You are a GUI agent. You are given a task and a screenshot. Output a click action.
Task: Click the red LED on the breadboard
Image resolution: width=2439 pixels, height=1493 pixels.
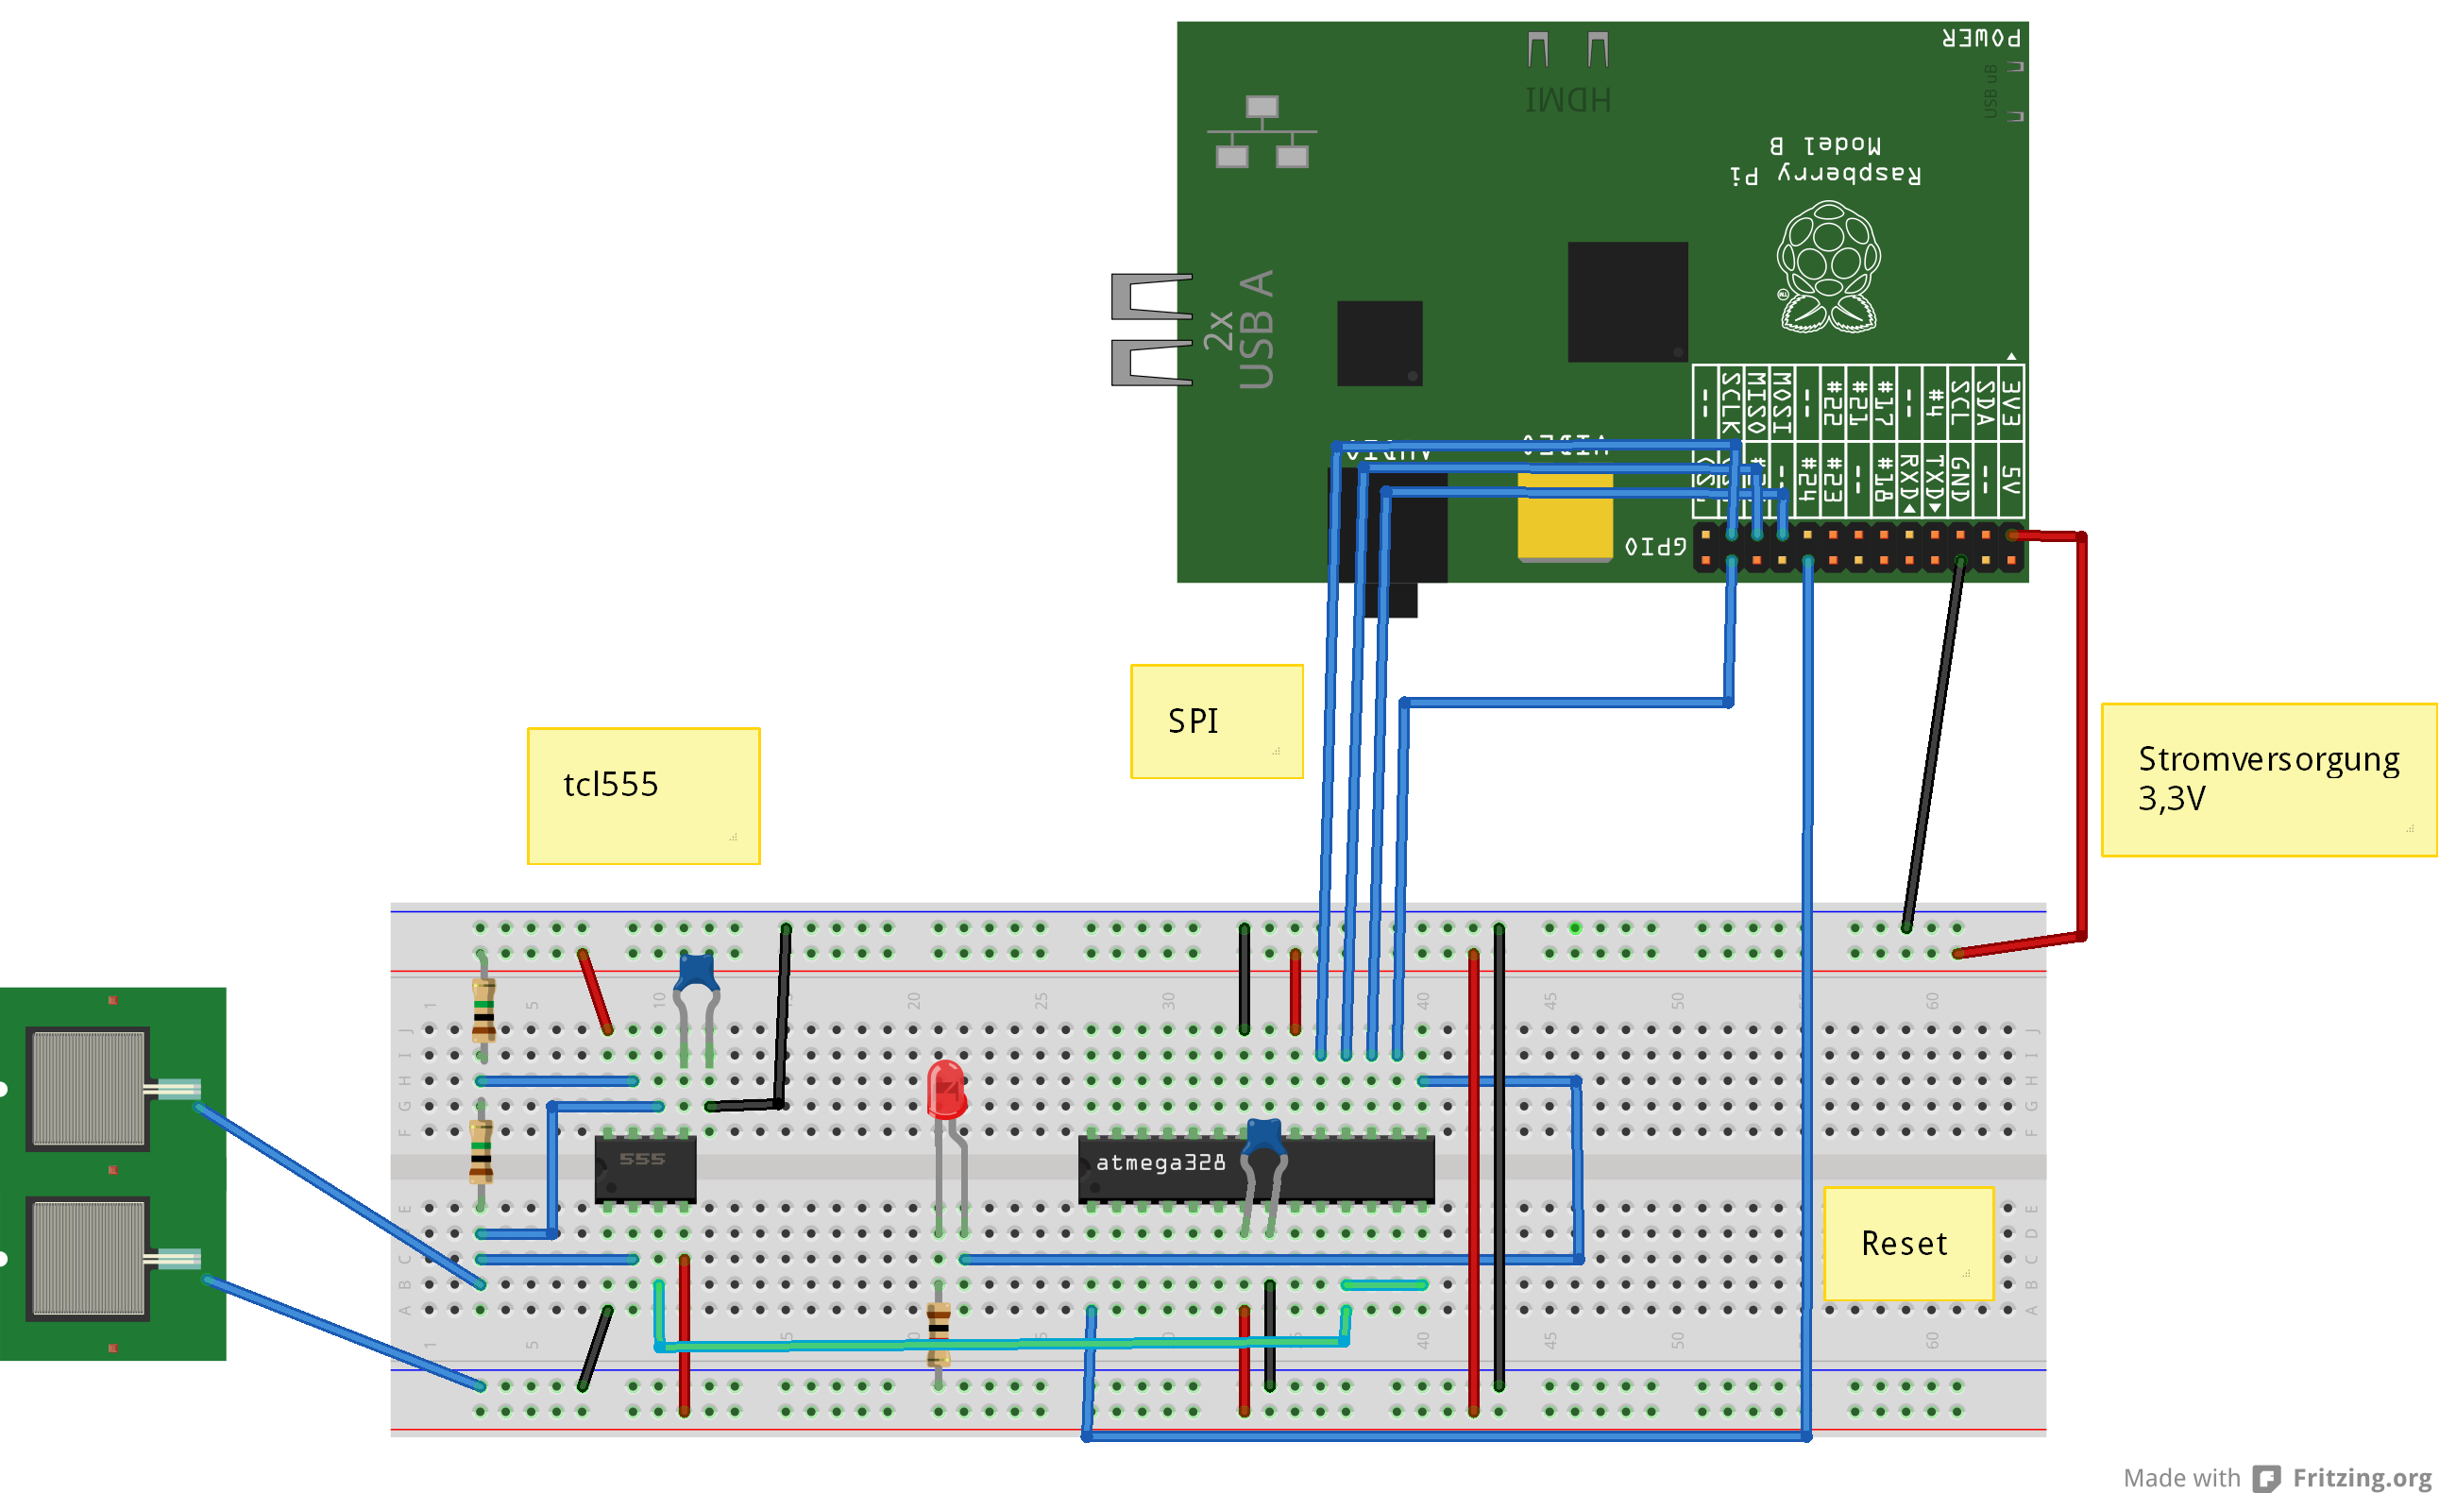tap(946, 1089)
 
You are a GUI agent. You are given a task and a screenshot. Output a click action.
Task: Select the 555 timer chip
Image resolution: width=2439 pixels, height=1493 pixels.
tap(644, 1168)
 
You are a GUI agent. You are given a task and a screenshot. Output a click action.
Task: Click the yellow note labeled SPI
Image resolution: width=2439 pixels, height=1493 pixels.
tap(1216, 721)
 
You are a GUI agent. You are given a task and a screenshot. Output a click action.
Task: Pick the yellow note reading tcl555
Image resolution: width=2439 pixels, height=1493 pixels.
tap(643, 795)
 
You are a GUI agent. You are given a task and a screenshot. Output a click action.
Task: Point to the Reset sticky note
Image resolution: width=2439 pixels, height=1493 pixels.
tap(1907, 1243)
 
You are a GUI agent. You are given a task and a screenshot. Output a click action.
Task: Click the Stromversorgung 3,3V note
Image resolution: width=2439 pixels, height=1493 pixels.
tap(2268, 779)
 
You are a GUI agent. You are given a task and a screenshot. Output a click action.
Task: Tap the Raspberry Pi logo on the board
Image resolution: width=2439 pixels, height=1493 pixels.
tap(1827, 266)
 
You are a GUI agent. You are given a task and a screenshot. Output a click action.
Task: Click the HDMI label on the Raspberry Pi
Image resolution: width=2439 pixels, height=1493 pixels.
tap(1567, 100)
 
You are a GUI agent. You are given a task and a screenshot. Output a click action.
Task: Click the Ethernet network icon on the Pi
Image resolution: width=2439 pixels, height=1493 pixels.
tap(1262, 131)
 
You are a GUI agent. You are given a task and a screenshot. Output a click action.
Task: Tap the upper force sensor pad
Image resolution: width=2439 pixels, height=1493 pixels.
tap(88, 1088)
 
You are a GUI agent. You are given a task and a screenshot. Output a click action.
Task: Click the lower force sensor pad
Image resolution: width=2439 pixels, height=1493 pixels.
tap(88, 1259)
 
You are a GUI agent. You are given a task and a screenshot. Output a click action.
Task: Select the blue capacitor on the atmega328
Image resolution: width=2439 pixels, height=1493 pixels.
tap(1264, 1137)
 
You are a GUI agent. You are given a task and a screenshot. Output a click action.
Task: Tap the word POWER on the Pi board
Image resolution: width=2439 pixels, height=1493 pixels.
tap(1981, 39)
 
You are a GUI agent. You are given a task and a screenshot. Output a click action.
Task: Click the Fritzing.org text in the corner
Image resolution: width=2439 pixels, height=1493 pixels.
tap(2362, 1477)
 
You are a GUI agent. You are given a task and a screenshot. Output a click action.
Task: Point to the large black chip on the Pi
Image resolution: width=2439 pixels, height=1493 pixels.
tap(1627, 302)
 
